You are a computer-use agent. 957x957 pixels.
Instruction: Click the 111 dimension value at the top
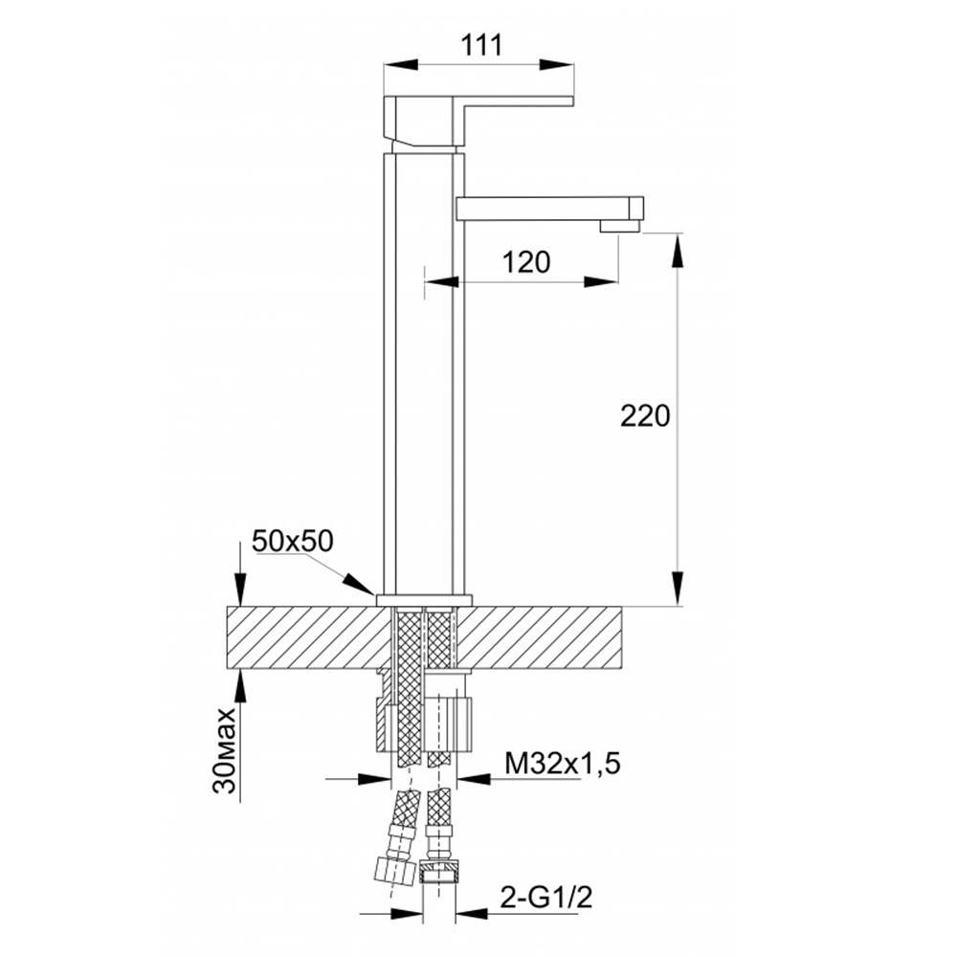point(481,45)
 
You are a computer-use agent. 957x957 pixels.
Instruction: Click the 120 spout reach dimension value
point(526,262)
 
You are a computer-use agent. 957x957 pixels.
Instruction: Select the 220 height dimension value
point(645,416)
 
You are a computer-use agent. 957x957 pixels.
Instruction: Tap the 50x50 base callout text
point(293,541)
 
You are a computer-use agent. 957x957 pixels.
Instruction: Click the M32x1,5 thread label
point(562,763)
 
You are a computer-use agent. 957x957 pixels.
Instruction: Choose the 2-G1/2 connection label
point(546,898)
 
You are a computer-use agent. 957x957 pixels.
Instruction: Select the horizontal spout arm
point(550,208)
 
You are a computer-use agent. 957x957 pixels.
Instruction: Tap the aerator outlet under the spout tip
point(619,227)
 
